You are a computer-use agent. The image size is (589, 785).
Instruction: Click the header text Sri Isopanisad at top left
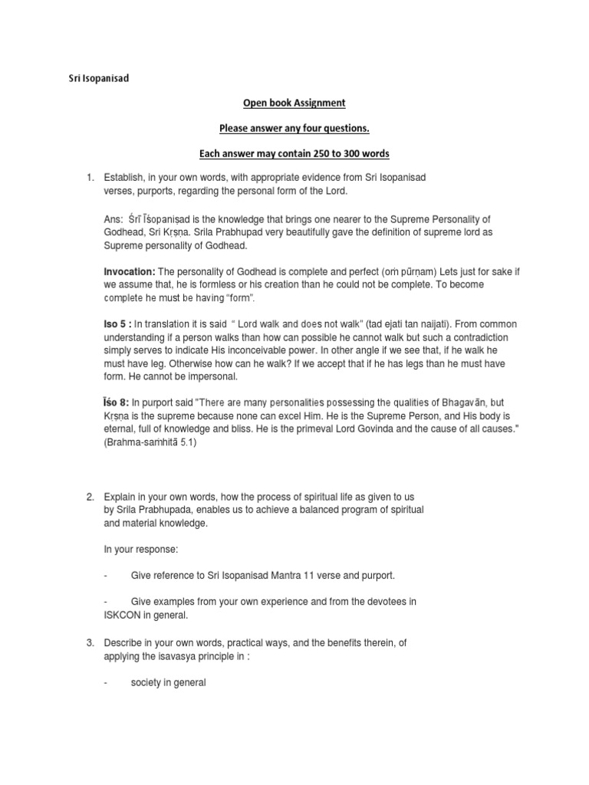coord(96,77)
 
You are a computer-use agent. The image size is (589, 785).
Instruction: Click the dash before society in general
coord(105,682)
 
